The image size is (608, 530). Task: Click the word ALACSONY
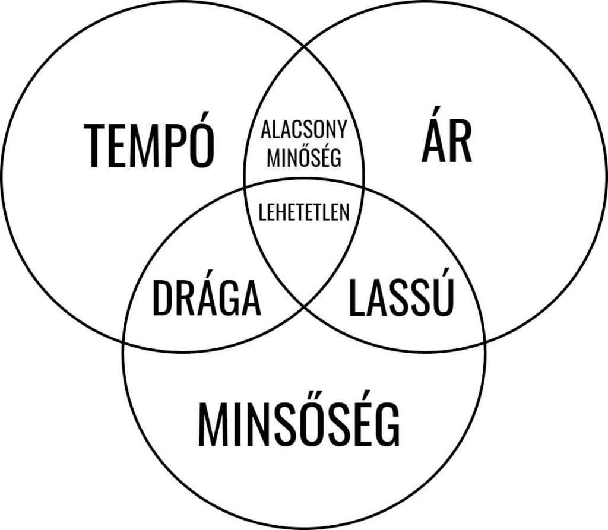(x=304, y=129)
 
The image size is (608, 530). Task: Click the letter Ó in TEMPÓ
(x=202, y=140)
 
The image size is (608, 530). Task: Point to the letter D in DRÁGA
(x=162, y=299)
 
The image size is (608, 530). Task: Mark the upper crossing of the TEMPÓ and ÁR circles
(x=305, y=49)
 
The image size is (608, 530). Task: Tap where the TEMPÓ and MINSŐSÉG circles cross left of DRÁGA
(x=123, y=342)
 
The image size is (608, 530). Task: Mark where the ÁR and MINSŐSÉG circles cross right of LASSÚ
(x=485, y=342)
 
